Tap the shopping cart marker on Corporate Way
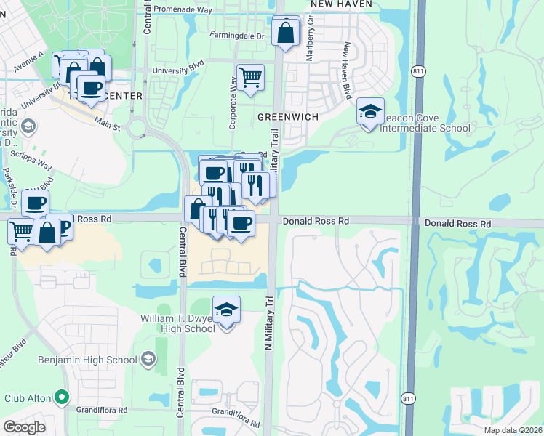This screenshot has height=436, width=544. click(x=250, y=77)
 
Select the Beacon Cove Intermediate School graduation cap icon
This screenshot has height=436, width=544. click(x=370, y=113)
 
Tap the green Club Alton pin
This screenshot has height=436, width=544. click(x=62, y=397)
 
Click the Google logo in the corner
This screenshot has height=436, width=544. click(x=24, y=427)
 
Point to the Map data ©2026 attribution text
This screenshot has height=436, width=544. click(x=512, y=430)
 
